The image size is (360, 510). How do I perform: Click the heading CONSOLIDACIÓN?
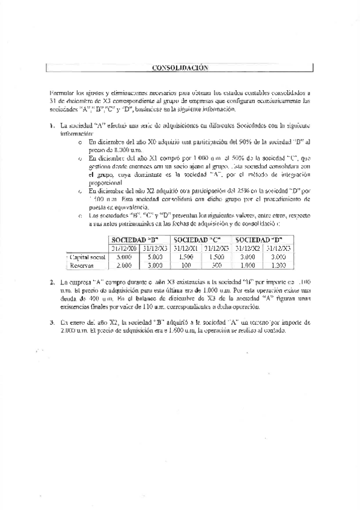click(180, 68)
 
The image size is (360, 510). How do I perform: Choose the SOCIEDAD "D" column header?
click(262, 239)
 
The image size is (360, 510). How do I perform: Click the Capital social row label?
click(88, 257)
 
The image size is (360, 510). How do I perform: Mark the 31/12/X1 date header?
click(186, 248)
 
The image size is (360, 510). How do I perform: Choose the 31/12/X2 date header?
click(248, 248)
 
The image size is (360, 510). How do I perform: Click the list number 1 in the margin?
click(52, 126)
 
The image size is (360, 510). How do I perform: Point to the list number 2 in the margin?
click(52, 281)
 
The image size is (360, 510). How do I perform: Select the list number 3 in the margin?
click(52, 322)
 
